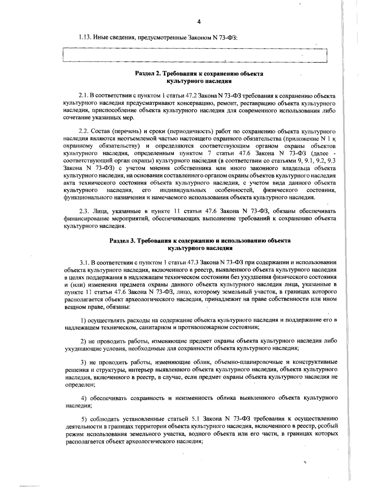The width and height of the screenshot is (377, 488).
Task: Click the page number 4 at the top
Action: tap(198, 22)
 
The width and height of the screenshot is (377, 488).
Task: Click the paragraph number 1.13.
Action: tap(85, 37)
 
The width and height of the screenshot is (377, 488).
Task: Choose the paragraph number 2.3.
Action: tap(83, 211)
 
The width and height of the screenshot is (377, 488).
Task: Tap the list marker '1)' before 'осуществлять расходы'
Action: tap(84, 320)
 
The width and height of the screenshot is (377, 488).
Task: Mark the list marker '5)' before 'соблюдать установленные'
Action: tap(84, 419)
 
